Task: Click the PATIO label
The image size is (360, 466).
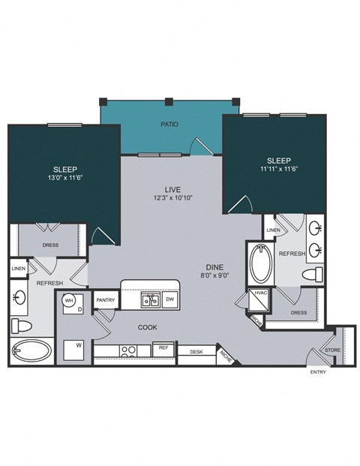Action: coord(169,123)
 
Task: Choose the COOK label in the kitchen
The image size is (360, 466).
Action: coord(146,327)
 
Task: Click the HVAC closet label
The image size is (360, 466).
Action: coord(261,293)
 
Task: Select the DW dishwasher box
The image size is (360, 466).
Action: coord(169,299)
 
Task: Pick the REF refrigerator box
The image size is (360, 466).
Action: coord(161,347)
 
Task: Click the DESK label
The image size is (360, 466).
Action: coord(196,351)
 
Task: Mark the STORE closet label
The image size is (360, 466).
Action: coord(331,349)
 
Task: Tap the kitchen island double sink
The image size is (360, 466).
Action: coord(150,300)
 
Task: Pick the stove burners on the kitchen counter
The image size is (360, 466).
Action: coord(125,350)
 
